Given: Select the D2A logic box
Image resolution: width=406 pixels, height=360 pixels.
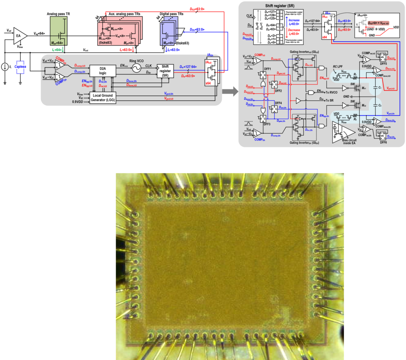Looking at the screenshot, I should pyautogui.click(x=103, y=70).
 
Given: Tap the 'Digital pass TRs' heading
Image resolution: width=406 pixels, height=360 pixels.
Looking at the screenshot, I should pyautogui.click(x=172, y=13).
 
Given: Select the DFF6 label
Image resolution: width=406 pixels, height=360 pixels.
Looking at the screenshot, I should pyautogui.click(x=383, y=142).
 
